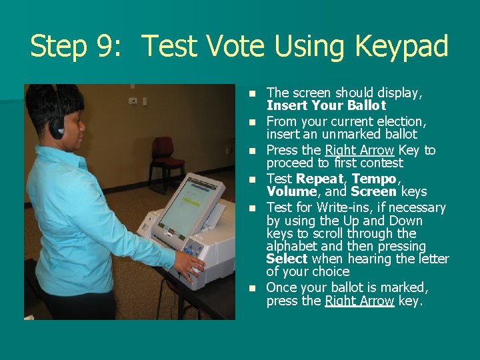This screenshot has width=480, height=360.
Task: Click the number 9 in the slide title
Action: click(106, 46)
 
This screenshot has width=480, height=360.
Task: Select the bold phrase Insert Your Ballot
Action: click(326, 105)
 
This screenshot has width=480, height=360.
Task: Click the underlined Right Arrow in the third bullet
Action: click(359, 150)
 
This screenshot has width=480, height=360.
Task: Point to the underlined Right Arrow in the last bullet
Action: click(359, 301)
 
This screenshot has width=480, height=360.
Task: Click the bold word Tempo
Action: click(374, 179)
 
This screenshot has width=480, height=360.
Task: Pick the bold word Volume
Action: click(292, 191)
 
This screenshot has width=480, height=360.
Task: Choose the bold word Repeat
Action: click(320, 179)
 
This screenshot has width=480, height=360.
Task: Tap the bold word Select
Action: click(287, 259)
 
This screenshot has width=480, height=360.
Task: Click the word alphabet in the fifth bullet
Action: click(292, 247)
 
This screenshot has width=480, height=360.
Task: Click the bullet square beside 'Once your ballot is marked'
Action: click(252, 289)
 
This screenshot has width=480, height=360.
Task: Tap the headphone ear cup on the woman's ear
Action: click(57, 128)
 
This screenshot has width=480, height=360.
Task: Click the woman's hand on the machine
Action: click(190, 266)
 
